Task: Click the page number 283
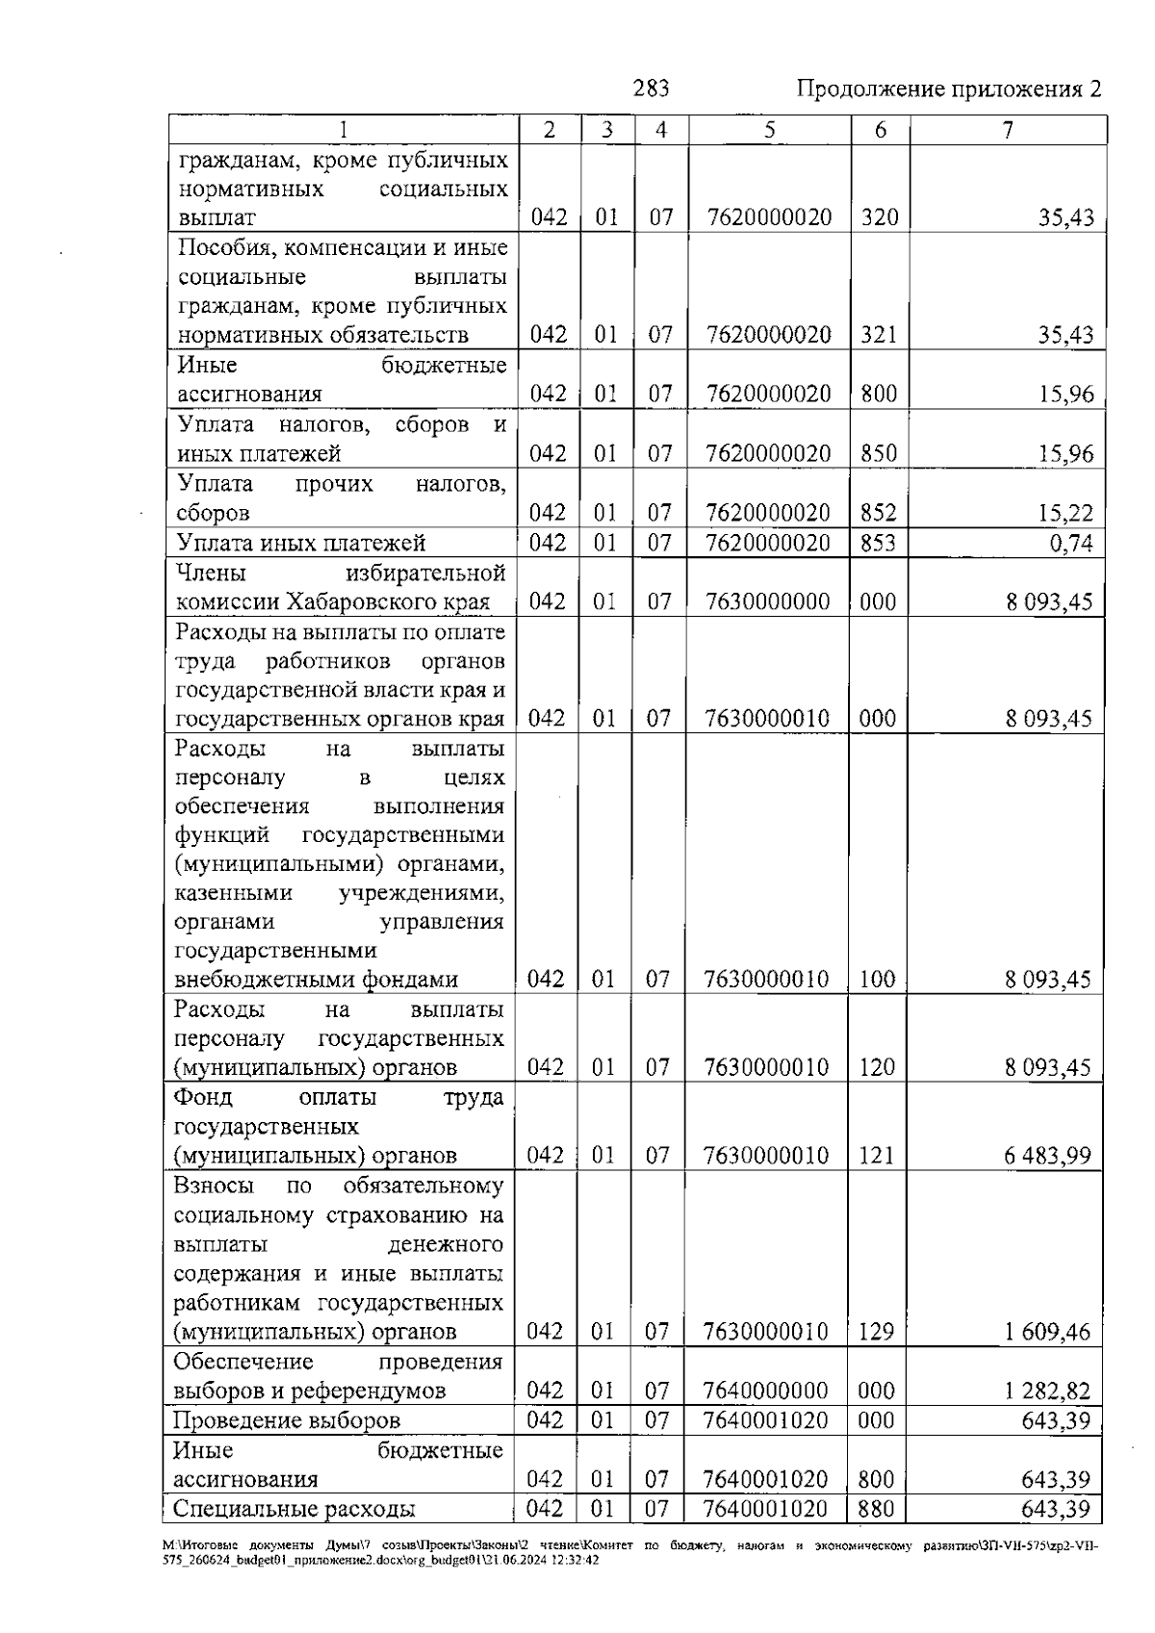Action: [651, 89]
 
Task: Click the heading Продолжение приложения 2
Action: [948, 90]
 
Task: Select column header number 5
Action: [770, 130]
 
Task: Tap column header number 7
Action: [1007, 130]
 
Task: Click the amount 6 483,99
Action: [1047, 1156]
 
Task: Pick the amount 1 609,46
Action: [1047, 1333]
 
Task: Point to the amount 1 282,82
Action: [1047, 1391]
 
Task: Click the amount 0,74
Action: [1070, 545]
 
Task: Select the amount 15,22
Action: [1065, 514]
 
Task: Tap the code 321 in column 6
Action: [878, 336]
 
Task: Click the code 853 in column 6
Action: [878, 544]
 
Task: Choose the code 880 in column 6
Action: [876, 1509]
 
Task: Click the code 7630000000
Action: [767, 602]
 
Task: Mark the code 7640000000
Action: [765, 1391]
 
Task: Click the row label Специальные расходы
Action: [294, 1509]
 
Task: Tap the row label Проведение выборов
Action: [286, 1421]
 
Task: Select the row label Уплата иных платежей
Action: [300, 544]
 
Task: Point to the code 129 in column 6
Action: [876, 1333]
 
